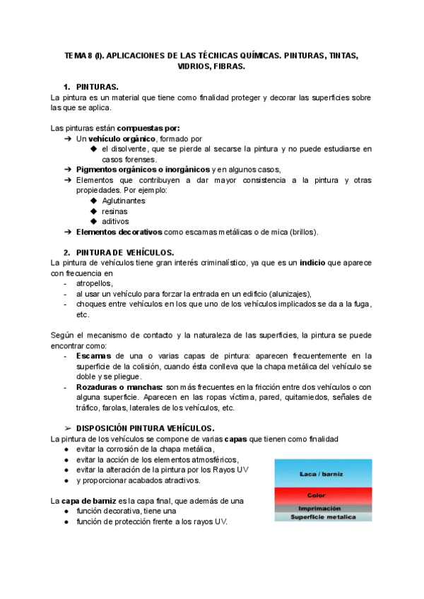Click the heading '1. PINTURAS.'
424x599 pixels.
98,86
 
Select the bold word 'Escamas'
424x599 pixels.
93,356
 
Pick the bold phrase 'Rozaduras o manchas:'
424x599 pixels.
119,387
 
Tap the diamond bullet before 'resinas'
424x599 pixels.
94,211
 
